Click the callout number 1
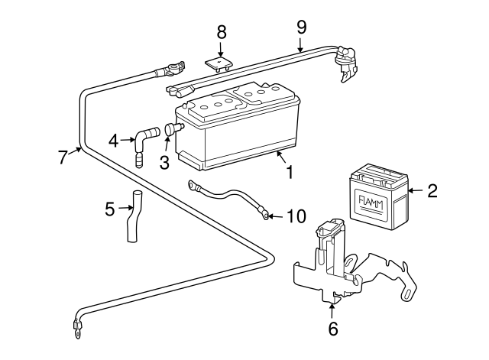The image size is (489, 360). [x=289, y=173]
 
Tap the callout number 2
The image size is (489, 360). [x=432, y=191]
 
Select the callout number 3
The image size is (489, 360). [x=164, y=162]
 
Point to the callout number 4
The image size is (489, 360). [x=114, y=140]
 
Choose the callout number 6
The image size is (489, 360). [x=332, y=330]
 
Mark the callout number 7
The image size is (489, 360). [x=63, y=157]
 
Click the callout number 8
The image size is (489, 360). [x=222, y=31]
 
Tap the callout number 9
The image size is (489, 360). [x=301, y=27]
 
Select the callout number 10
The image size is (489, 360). [x=296, y=216]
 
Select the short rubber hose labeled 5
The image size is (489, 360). [x=132, y=218]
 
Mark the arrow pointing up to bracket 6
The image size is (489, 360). [x=332, y=311]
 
